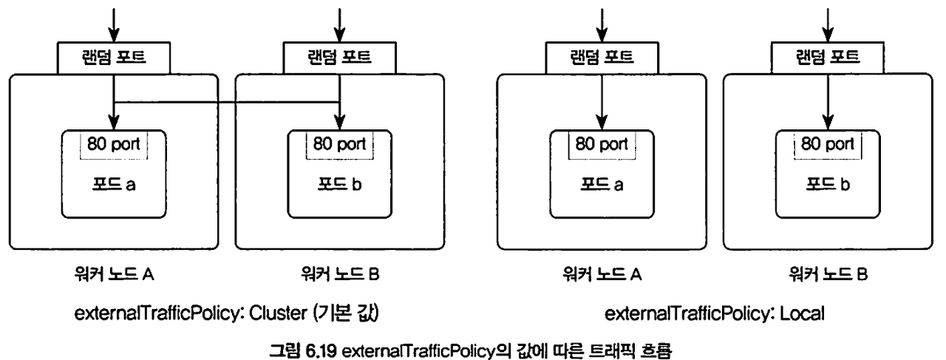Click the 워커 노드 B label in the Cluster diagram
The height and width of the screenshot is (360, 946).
[x=339, y=276]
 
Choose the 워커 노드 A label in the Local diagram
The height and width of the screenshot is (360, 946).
[x=601, y=276]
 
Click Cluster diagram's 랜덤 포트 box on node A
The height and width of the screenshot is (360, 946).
[x=113, y=58]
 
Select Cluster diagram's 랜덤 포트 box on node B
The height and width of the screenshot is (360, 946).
[x=338, y=58]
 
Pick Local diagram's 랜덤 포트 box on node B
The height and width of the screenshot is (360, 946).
[x=827, y=58]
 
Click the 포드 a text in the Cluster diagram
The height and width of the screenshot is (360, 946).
[x=113, y=183]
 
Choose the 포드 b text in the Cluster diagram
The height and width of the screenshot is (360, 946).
[x=339, y=183]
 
